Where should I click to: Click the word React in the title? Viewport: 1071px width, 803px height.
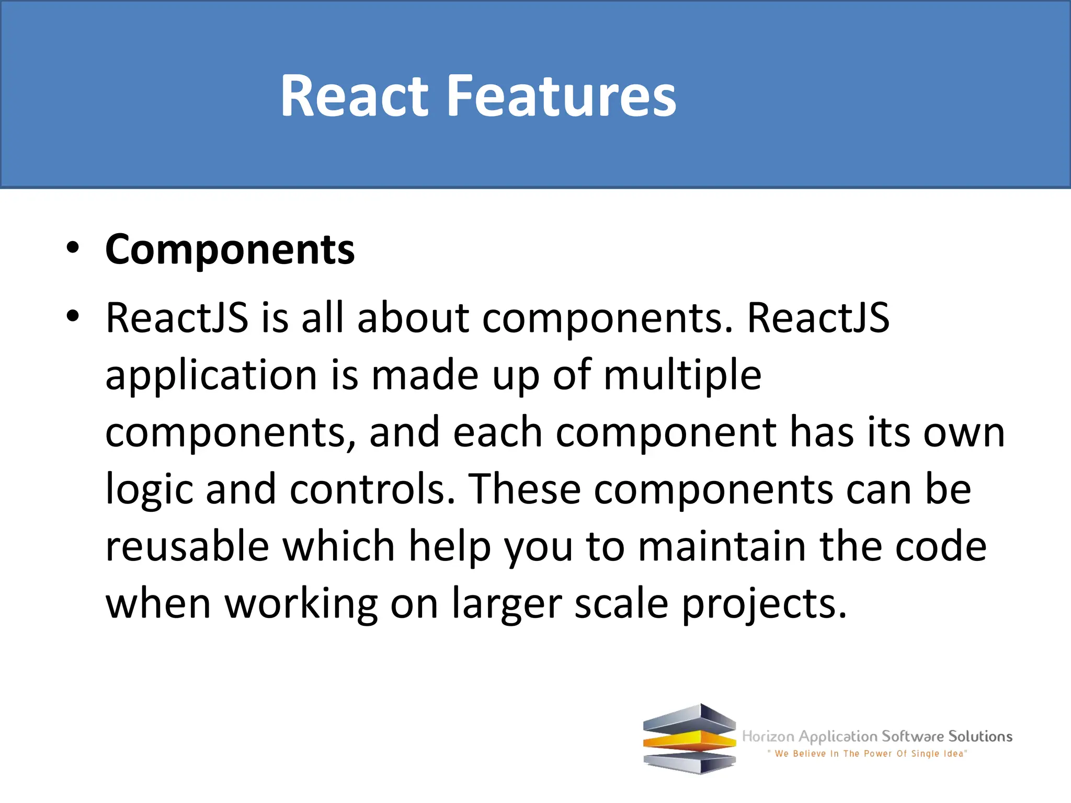354,96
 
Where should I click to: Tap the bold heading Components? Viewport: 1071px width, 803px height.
230,249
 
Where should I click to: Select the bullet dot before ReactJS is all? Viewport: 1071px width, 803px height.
73,316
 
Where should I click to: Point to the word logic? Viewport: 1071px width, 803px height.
149,489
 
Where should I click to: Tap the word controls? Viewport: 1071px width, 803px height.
372,489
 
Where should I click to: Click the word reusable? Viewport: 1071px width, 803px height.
187,546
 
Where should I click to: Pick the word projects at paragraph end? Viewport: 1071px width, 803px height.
764,604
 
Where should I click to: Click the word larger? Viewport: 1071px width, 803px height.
506,604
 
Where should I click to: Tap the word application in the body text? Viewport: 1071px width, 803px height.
211,375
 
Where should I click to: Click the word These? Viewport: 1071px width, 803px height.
524,489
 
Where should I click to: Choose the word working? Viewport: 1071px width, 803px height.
301,604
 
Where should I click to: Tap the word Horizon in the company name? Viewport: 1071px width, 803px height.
768,737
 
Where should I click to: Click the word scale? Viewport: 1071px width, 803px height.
621,604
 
